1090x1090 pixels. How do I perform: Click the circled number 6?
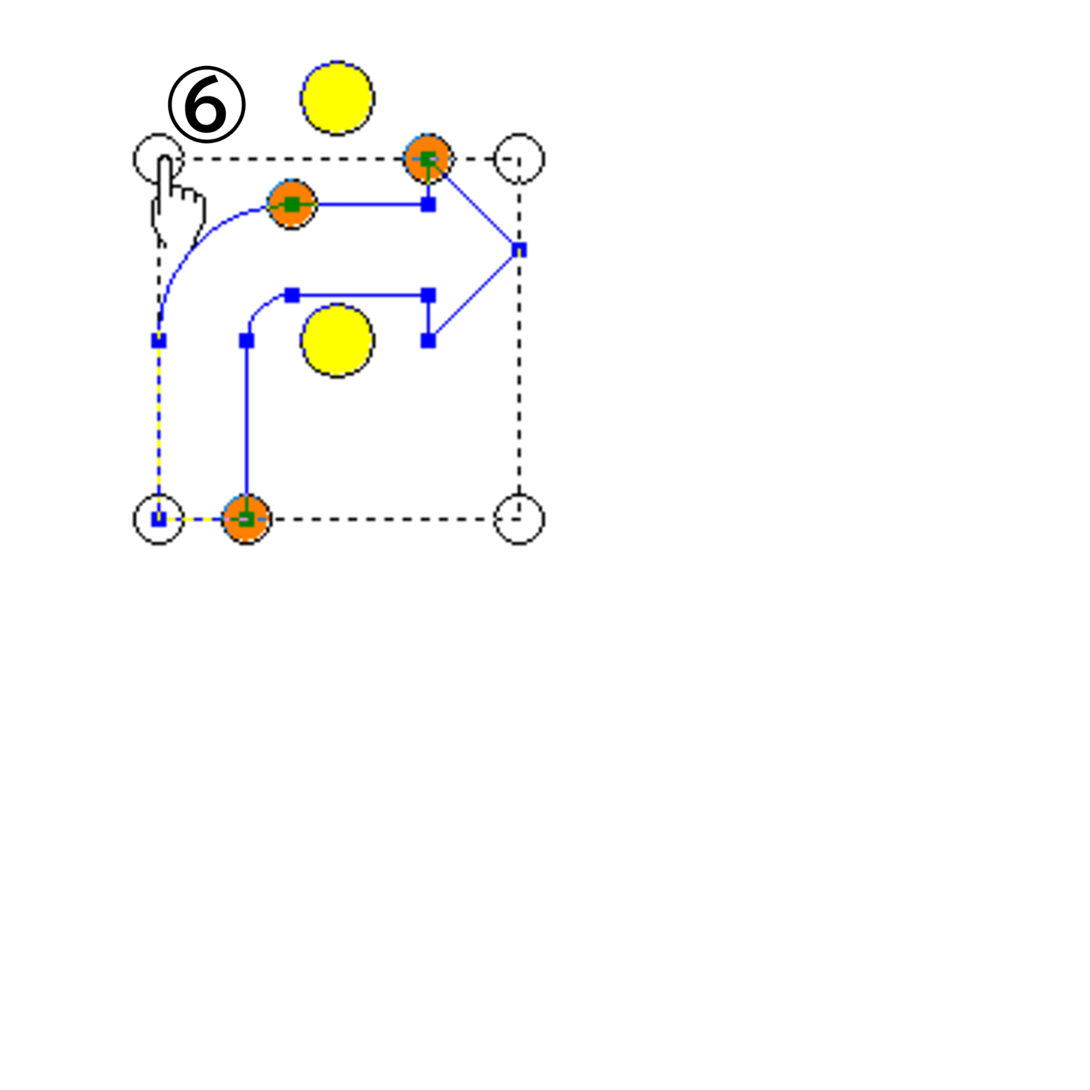pos(207,104)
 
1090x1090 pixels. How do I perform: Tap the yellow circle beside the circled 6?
pos(338,98)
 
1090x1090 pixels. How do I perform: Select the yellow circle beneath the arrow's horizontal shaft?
pos(338,341)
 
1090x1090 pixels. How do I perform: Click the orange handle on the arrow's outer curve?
pos(292,204)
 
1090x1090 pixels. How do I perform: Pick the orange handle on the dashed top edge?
pos(428,159)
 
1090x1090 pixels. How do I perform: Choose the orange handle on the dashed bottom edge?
pos(246,519)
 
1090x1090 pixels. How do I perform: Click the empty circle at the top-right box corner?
pos(519,159)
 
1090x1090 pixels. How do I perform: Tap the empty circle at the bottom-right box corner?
pos(519,519)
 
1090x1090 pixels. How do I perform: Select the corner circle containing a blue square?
pos(159,519)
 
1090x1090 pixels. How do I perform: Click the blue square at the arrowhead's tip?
pos(519,249)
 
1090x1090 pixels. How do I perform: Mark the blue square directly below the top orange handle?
pos(428,204)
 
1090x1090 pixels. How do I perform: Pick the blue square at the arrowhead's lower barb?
pos(428,341)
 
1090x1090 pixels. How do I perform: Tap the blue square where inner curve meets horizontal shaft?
pos(292,295)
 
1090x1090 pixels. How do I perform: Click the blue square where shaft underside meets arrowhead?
pos(428,295)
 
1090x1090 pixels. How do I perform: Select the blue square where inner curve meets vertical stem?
pos(246,341)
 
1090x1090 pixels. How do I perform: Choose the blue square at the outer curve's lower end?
pos(159,341)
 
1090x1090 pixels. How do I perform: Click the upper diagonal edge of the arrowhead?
pos(474,204)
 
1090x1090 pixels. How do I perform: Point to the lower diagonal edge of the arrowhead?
pos(474,295)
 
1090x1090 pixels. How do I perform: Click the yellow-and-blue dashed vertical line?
pos(159,430)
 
